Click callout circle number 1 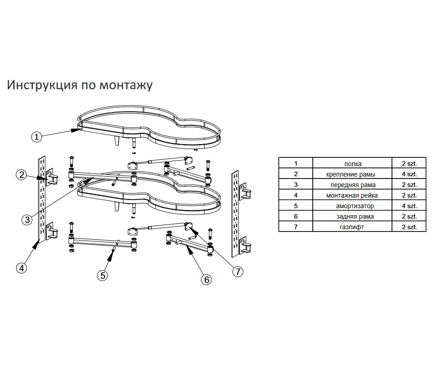36,137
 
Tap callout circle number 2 22,175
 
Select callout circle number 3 27,220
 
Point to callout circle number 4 22,268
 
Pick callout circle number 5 103,275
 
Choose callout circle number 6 207,280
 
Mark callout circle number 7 238,271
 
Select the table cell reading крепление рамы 352,174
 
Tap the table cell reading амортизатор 352,206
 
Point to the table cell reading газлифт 352,227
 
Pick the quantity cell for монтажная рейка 409,195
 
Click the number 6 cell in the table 296,216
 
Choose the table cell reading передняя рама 352,185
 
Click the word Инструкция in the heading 42,85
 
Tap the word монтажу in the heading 126,86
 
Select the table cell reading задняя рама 352,216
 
